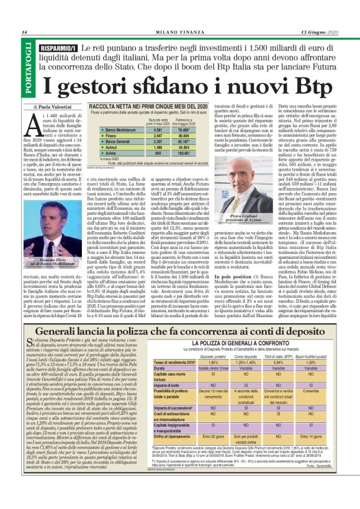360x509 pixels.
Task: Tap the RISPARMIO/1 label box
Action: point(58,48)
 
